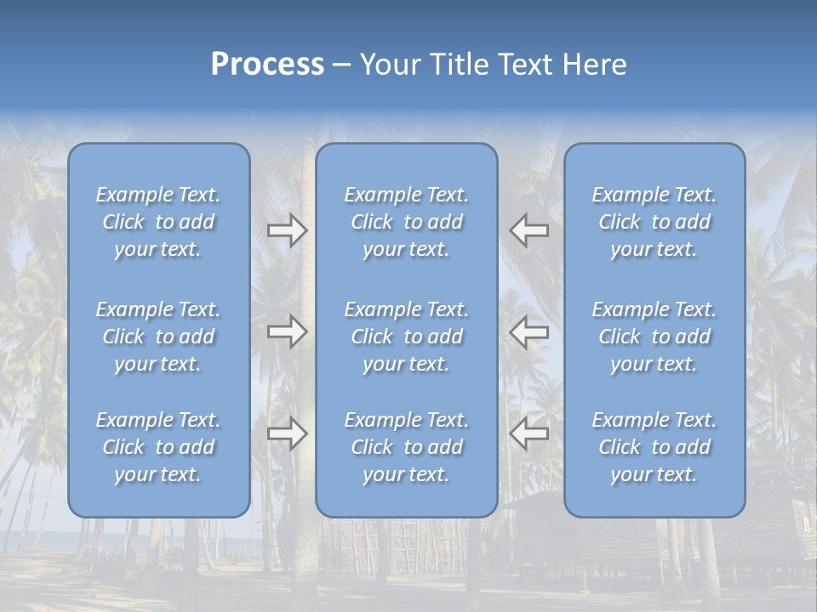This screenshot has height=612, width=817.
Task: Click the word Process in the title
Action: click(267, 65)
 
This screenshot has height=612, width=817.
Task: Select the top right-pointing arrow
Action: click(287, 230)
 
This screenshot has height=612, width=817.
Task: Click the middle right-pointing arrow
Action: click(287, 331)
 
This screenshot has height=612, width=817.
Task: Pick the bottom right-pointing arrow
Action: click(287, 433)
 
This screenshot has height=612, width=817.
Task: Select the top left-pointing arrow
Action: click(528, 230)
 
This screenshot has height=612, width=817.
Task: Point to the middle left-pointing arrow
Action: click(528, 331)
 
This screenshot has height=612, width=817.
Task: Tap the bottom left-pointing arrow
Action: click(528, 433)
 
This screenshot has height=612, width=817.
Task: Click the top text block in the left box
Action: click(158, 222)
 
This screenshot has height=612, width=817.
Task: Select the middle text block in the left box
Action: click(158, 337)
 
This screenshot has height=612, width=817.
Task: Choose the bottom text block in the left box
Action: click(158, 447)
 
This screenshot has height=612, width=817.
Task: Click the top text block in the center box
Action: click(407, 222)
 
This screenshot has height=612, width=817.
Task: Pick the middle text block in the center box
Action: click(407, 337)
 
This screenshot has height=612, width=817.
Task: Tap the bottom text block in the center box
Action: click(407, 447)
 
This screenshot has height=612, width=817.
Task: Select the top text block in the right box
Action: click(654, 222)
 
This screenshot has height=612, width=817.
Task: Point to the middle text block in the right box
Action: click(654, 337)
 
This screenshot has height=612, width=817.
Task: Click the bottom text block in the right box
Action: click(654, 447)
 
